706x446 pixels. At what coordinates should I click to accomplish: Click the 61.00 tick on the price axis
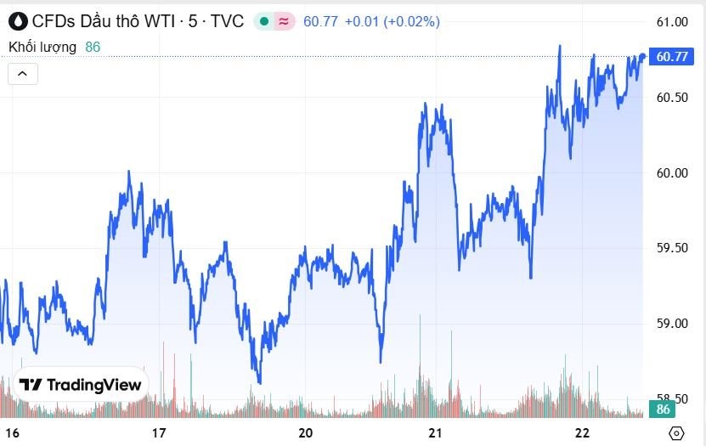click(672, 21)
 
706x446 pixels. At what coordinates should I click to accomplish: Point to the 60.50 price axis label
click(672, 98)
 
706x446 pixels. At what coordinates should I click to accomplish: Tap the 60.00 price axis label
click(672, 172)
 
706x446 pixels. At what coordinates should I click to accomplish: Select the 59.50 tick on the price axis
click(672, 248)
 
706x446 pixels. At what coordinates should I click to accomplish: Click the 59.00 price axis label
click(672, 324)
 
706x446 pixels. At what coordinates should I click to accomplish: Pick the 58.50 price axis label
click(672, 398)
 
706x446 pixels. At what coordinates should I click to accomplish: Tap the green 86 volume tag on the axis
click(664, 410)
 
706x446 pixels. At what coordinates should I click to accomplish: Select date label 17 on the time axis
click(159, 433)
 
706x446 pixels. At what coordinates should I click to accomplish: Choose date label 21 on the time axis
click(435, 433)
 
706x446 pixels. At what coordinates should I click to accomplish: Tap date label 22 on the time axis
click(582, 433)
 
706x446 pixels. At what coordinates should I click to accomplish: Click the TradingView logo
click(81, 385)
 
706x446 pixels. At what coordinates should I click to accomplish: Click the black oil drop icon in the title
click(18, 21)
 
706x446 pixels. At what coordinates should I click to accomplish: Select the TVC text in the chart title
click(227, 21)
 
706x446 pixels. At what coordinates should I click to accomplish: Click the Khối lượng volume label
click(42, 48)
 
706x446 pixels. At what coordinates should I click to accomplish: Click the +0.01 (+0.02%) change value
click(392, 21)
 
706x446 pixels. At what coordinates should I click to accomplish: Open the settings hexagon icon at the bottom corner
click(676, 433)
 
